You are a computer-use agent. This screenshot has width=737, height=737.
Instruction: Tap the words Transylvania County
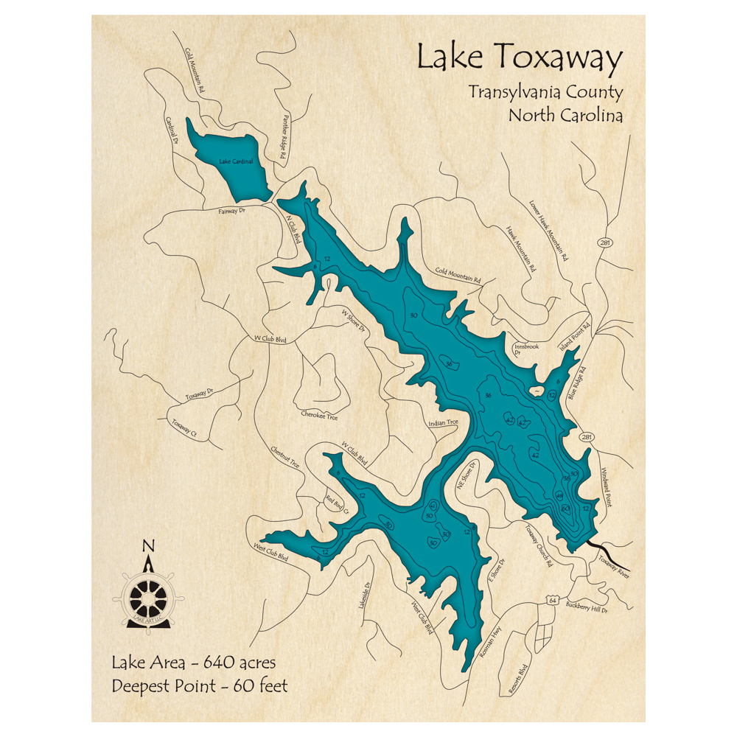545,93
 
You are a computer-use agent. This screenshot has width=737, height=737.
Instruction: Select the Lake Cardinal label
236,161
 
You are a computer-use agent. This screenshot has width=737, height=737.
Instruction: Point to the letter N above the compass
148,546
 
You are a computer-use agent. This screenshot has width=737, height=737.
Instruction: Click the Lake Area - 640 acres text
194,662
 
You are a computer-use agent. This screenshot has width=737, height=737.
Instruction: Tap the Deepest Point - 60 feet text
200,686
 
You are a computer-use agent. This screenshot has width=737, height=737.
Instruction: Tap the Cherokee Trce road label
320,416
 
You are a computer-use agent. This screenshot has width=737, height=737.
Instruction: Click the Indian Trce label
443,423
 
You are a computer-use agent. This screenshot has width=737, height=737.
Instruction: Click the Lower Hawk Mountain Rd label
550,231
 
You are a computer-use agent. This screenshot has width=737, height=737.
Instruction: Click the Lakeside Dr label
363,590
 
